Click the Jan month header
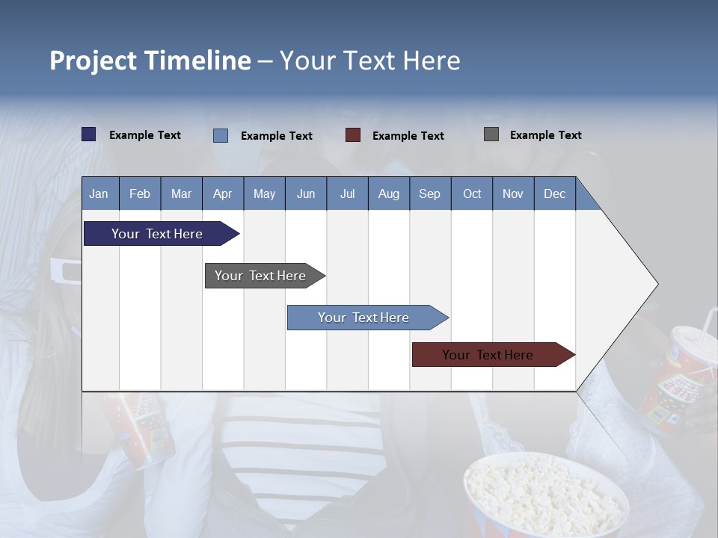click(x=99, y=194)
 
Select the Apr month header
click(x=223, y=194)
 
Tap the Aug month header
click(x=388, y=194)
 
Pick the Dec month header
click(x=554, y=194)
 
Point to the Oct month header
click(x=472, y=194)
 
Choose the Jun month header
click(x=306, y=194)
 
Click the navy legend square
click(x=89, y=134)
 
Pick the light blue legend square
click(x=221, y=135)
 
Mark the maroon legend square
click(x=353, y=135)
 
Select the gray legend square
click(x=491, y=134)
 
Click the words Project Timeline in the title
click(x=150, y=61)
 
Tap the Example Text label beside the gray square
click(x=545, y=135)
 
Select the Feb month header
click(x=140, y=194)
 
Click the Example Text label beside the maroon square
click(x=408, y=136)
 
